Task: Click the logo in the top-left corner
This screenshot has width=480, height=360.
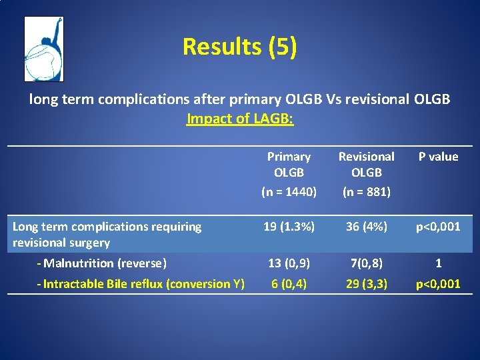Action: point(43,49)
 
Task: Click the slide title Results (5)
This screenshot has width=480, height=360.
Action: point(240,47)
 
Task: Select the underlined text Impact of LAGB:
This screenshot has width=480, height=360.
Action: point(240,119)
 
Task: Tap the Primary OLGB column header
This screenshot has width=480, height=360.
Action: point(289,164)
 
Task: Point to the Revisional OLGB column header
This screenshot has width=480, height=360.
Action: point(367,164)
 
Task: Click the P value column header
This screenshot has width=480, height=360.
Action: point(438,157)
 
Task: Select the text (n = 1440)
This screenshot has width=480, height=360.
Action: point(289,192)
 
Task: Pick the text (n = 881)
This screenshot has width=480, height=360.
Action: point(367,192)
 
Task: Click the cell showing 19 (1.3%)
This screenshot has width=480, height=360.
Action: point(289,227)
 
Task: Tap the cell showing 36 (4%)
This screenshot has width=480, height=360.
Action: point(367,227)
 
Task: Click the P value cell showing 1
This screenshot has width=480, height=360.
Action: point(438,263)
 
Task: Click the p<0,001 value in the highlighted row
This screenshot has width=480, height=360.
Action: point(438,227)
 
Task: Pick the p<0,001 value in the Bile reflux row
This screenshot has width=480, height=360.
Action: point(438,284)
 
